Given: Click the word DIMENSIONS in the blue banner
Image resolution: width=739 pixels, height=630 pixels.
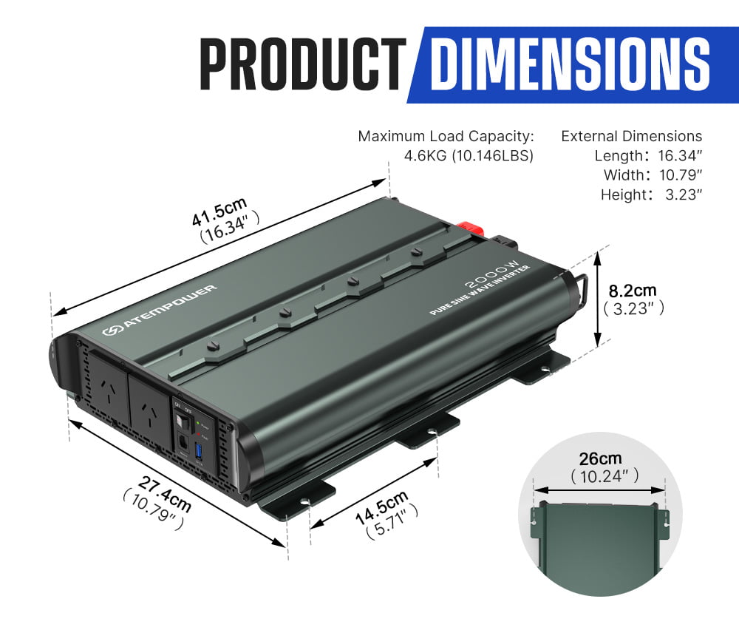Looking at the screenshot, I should tap(570, 65).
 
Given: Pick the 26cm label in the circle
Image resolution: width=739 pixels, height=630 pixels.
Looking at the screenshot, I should tap(600, 458).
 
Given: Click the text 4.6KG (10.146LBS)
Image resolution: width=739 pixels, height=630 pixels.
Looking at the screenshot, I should tap(469, 156).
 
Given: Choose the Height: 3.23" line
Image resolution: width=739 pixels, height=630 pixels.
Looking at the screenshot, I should tap(650, 194).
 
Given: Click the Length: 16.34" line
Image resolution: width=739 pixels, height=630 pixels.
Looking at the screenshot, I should tap(648, 156).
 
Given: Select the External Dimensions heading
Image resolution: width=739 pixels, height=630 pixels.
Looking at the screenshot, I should tap(631, 136).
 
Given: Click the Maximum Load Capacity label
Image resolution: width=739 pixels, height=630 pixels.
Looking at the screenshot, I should tap(446, 136).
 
